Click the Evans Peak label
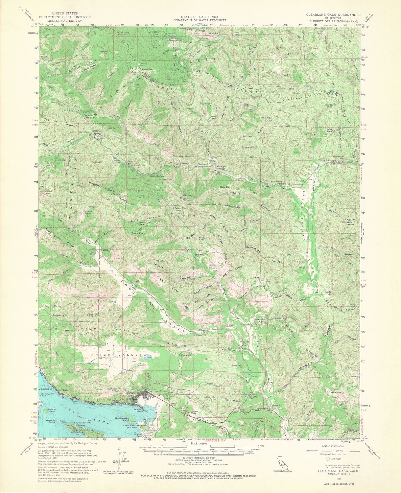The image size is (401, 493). coord(138,233)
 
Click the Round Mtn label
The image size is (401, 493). coord(186,355)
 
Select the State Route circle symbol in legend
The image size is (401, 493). coord(328,458)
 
